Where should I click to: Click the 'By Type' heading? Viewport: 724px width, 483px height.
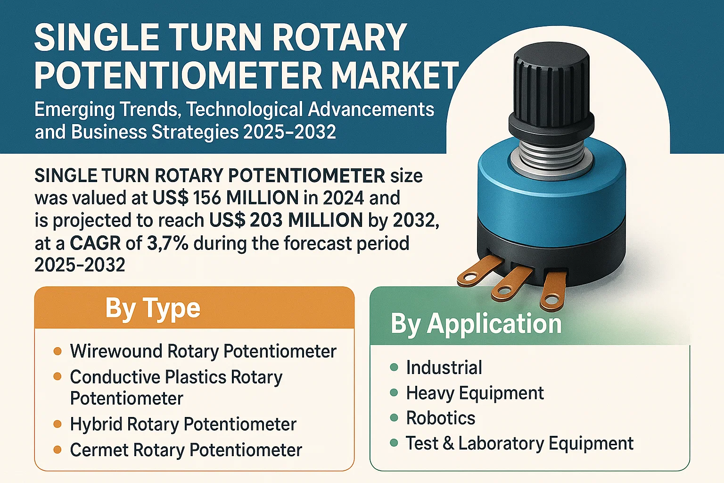click(153, 308)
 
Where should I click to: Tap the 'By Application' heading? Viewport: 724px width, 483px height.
click(476, 324)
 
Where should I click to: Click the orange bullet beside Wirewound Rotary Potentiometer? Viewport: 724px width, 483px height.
click(58, 351)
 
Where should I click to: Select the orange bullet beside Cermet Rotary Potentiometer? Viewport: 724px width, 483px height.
click(58, 450)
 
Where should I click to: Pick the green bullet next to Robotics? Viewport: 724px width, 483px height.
click(394, 417)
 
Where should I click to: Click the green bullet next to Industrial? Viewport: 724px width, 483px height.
click(394, 367)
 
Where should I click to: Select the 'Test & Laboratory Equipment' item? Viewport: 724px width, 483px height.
click(519, 443)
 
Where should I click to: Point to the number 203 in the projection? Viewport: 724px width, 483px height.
click(266, 220)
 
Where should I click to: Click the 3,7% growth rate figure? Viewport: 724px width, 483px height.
click(167, 243)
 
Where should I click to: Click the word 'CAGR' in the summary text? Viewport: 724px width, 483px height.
click(95, 243)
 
